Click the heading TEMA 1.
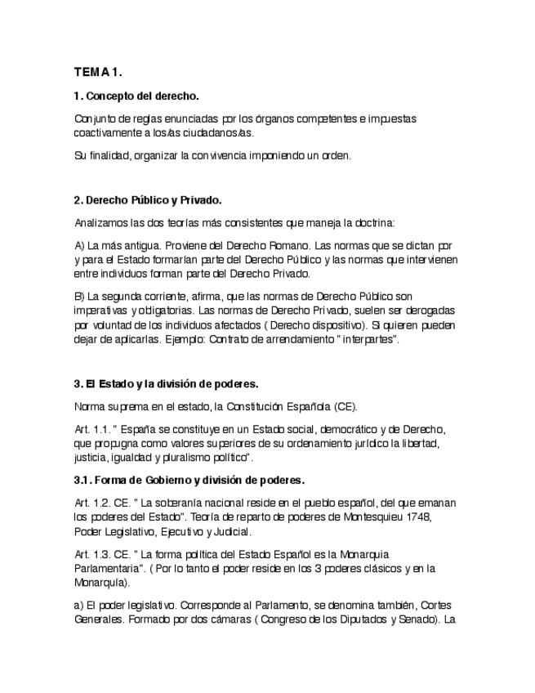(x=98, y=72)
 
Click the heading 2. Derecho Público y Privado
(x=147, y=199)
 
